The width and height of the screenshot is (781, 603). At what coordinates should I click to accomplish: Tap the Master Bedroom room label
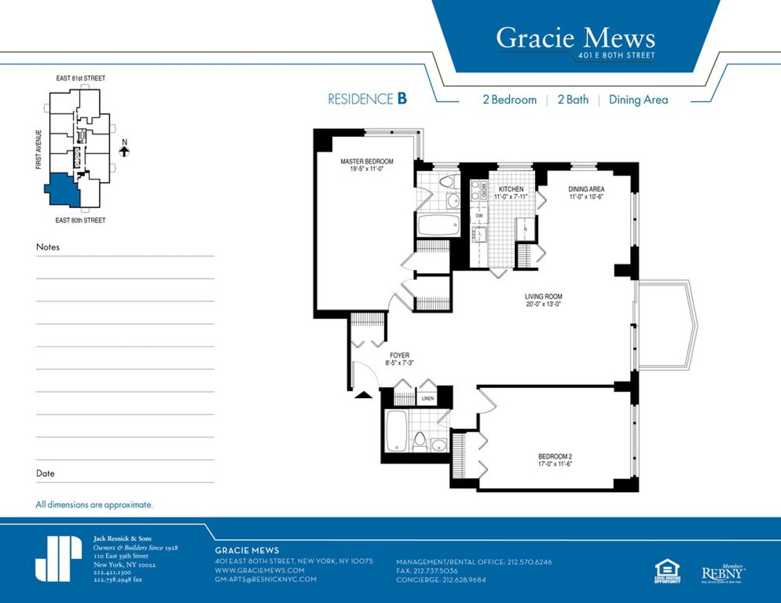367,161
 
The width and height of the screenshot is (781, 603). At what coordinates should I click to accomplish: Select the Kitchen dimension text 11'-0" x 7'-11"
511,196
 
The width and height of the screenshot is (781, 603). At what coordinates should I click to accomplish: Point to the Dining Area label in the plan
586,189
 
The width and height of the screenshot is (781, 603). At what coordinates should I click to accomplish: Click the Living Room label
543,297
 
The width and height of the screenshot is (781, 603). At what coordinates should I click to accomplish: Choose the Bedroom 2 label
555,456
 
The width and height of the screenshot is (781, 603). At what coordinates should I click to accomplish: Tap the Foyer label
400,355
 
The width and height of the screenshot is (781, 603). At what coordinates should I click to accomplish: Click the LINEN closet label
428,398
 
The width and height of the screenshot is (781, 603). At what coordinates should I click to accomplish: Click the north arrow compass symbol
124,151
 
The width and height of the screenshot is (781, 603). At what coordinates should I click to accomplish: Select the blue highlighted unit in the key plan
61,189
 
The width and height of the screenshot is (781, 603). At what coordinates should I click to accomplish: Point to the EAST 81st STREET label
80,79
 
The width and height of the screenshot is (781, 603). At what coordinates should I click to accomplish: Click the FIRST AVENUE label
40,149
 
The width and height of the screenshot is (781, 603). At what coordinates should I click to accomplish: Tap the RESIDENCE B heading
367,100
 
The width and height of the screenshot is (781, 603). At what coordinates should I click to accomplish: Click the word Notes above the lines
48,247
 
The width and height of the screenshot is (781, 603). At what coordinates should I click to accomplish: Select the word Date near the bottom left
46,474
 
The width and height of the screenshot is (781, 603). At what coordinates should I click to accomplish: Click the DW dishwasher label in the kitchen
479,215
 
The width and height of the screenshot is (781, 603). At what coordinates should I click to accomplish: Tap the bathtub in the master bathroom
433,225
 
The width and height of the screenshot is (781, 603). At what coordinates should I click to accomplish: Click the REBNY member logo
722,572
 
